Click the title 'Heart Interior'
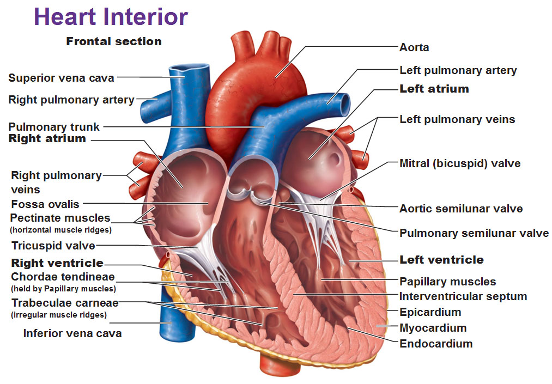[x=111, y=17]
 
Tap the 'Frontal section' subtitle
[x=114, y=41]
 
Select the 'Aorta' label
[x=414, y=47]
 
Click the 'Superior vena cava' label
[x=61, y=78]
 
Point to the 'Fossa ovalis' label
[x=45, y=204]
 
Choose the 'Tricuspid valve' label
[x=53, y=245]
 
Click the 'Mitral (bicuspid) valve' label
[x=460, y=163]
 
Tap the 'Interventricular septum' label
[x=463, y=296]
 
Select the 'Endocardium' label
[x=436, y=344]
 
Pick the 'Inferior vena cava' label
[x=72, y=333]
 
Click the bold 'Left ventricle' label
[x=441, y=260]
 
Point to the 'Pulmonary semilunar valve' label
[x=474, y=233]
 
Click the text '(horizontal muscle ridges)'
[x=61, y=230]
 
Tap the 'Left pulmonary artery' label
[x=458, y=70]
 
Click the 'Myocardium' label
[x=433, y=328]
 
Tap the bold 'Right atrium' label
[x=47, y=138]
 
